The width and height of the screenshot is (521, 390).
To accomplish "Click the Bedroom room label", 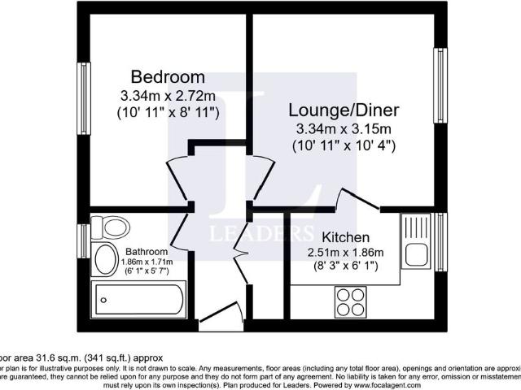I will tap(168, 78).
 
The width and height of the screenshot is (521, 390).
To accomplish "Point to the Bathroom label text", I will tap(147, 252).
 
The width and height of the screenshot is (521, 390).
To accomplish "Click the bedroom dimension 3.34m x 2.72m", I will tap(169, 96).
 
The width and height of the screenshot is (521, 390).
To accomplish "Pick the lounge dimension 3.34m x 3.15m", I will tap(343, 129).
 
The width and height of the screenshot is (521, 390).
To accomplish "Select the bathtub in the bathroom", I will tap(141, 301).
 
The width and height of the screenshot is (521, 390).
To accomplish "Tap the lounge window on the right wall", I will tap(440, 85).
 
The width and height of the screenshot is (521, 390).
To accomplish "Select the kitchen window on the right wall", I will tap(440, 242).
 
